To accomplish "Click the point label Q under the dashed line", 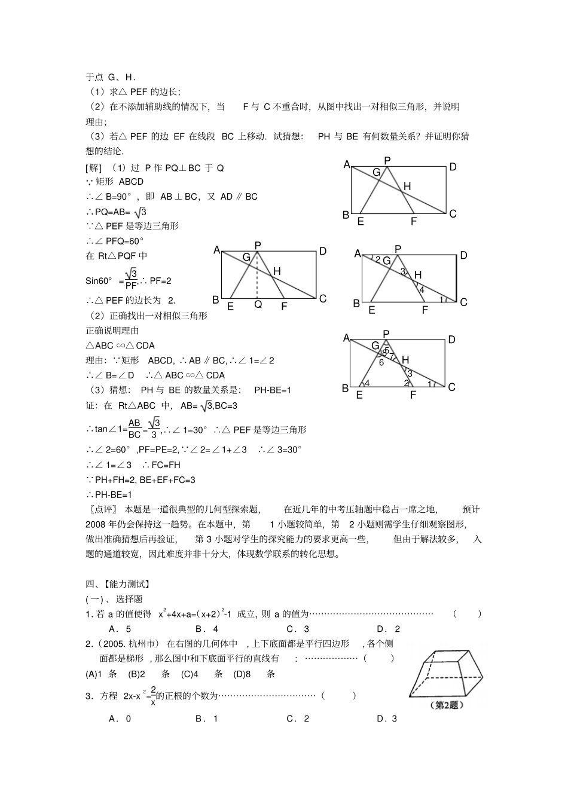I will [258, 305].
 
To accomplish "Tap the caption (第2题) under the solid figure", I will [446, 705].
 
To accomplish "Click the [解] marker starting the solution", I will [94, 168].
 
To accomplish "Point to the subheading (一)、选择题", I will [114, 599].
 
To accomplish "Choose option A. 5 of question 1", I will [120, 629].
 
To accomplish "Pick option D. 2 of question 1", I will [388, 629].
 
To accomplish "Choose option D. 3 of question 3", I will [386, 719].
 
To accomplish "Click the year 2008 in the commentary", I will [96, 524].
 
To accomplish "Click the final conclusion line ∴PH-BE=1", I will [109, 494].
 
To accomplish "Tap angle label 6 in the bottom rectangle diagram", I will [380, 362].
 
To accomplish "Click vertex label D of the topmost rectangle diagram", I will [453, 167].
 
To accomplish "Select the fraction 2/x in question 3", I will [153, 696].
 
